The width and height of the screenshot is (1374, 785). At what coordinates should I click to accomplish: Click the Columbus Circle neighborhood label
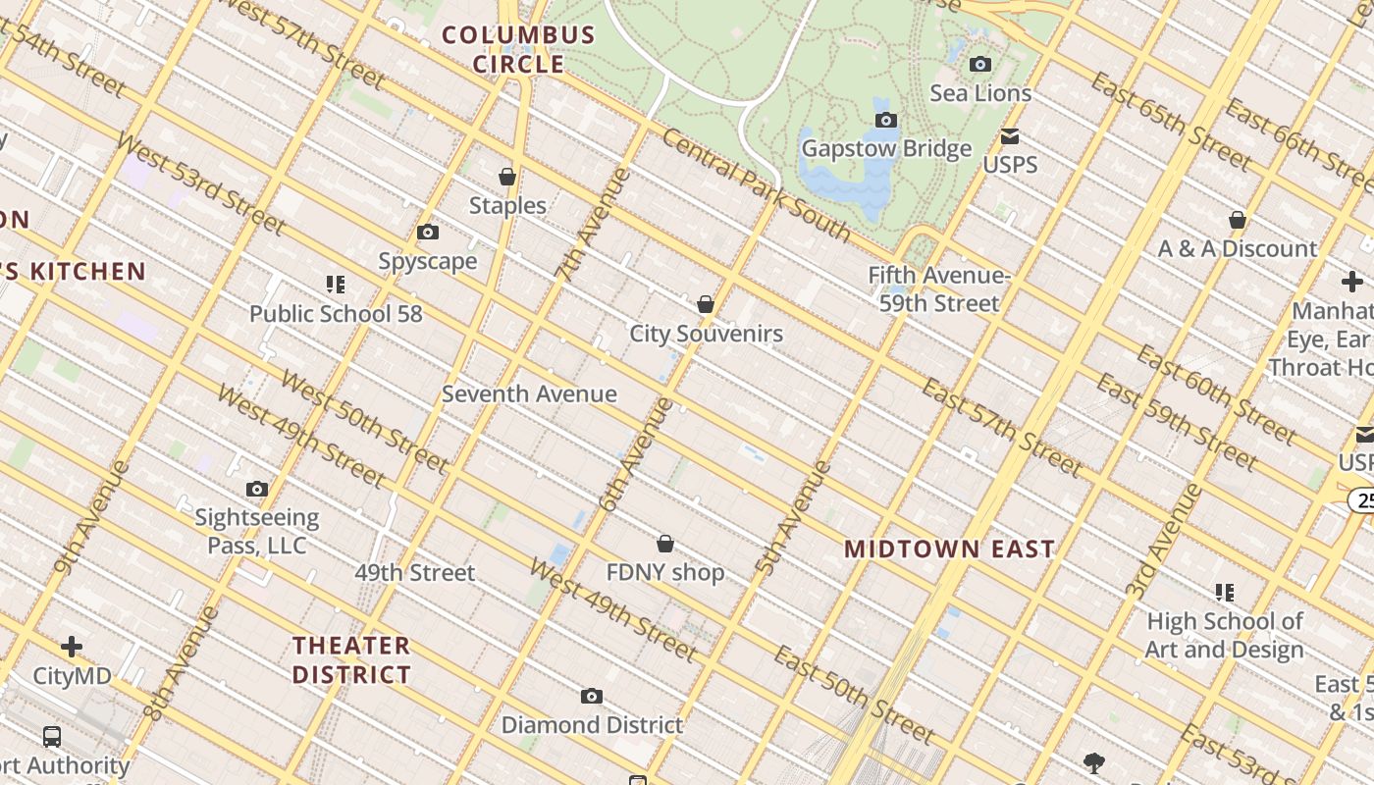click(x=518, y=50)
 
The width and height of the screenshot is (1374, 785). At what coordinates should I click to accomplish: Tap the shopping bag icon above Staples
click(x=507, y=177)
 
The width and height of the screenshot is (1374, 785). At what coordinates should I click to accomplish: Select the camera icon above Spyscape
click(x=428, y=233)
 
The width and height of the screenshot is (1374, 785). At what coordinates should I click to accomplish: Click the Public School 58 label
click(x=336, y=314)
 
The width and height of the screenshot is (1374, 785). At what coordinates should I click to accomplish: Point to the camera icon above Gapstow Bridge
click(x=886, y=120)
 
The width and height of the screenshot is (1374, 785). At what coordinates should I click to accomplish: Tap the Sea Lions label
click(x=980, y=94)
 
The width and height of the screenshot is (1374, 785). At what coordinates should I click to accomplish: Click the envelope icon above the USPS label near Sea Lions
click(x=1010, y=136)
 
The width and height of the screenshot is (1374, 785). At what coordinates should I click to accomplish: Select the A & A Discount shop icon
click(x=1238, y=220)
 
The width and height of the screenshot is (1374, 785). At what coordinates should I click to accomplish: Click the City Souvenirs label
click(x=707, y=334)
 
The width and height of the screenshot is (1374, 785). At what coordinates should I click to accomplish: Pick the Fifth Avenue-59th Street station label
click(x=939, y=289)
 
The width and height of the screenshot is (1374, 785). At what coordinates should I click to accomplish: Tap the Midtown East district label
click(x=950, y=549)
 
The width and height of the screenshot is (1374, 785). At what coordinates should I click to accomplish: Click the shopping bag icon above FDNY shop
click(x=665, y=544)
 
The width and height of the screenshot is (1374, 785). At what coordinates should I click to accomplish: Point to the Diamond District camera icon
click(x=591, y=697)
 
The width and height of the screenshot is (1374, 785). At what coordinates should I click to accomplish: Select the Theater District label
click(x=351, y=660)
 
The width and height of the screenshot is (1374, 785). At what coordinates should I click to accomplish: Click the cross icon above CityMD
click(x=72, y=647)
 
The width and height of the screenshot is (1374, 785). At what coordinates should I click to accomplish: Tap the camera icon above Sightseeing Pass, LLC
click(x=257, y=489)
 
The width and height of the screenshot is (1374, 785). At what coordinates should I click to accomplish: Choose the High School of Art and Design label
click(x=1225, y=635)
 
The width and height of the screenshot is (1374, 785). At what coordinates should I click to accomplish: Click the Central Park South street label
click(x=756, y=184)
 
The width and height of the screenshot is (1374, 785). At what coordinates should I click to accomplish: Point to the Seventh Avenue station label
click(x=529, y=394)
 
